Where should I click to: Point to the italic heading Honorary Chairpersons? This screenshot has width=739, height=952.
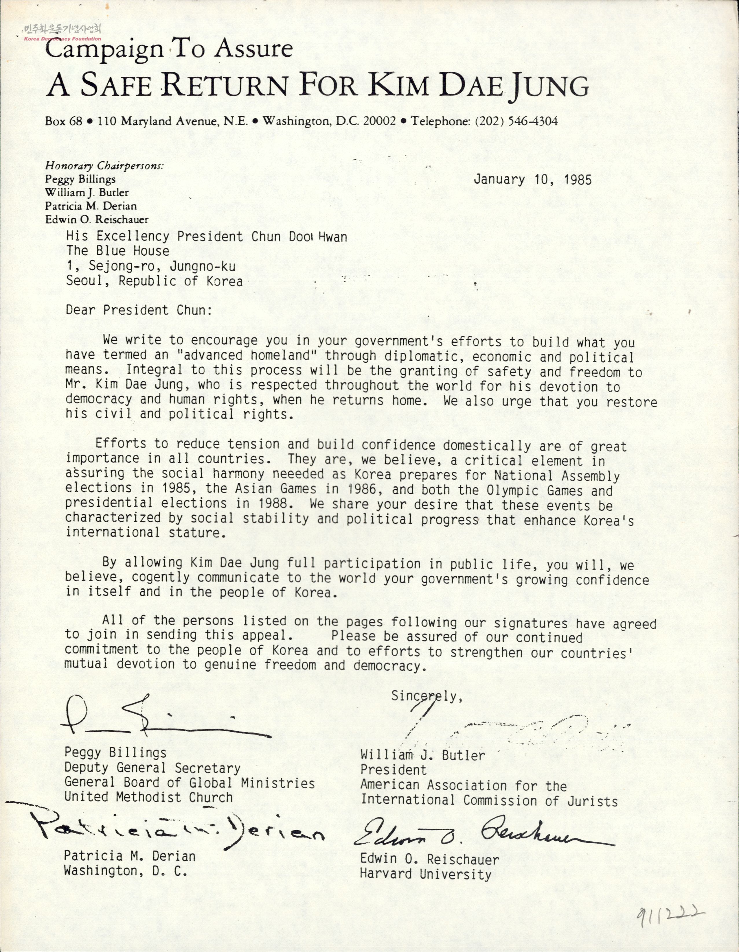click(105, 166)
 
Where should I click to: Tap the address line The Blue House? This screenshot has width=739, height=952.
click(118, 251)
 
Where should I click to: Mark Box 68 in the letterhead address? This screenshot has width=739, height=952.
click(63, 121)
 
